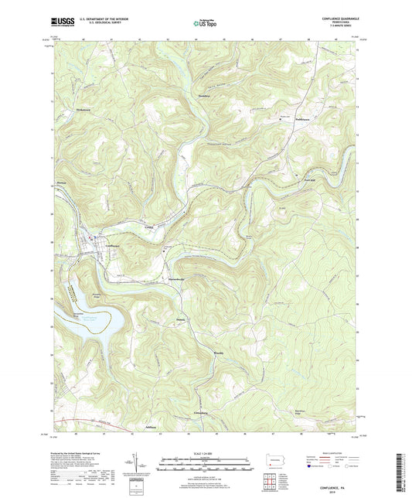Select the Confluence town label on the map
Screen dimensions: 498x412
[114, 246]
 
